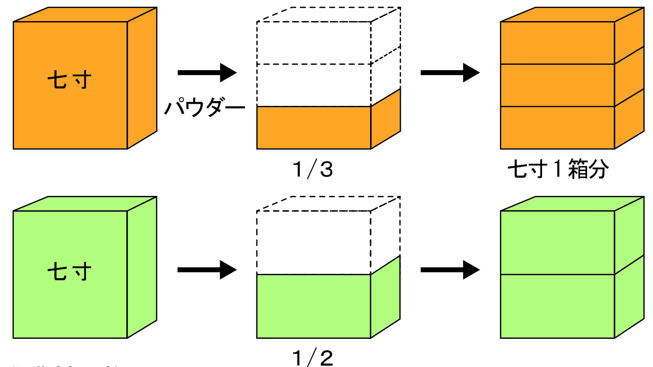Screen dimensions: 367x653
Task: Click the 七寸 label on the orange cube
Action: pos(69,80)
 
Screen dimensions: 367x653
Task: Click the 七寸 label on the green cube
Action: pos(69,272)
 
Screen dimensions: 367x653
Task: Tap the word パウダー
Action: pos(204,108)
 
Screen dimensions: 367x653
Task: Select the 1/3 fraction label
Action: pos(313,169)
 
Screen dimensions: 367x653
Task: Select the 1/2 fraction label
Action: pos(313,357)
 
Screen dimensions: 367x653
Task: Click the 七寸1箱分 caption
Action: pos(558,169)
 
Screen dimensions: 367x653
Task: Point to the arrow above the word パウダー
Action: pos(206,73)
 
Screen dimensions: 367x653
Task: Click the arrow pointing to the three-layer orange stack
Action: pos(450,73)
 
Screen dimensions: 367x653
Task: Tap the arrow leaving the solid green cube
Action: pos(206,270)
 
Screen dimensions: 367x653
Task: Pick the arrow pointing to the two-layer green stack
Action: pos(450,270)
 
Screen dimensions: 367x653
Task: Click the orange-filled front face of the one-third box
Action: pos(314,128)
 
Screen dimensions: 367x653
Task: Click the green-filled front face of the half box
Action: pos(314,306)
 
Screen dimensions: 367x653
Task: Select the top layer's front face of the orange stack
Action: pos(557,43)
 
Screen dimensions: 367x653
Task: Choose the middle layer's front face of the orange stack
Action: pos(557,86)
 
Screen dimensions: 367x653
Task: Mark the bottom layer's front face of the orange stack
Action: pos(557,128)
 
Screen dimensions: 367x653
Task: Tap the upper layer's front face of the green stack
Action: pos(557,243)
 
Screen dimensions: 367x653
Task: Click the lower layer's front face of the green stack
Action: pos(557,306)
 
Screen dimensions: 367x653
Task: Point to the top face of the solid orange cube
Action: pos(85,15)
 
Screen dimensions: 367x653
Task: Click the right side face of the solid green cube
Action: pos(142,267)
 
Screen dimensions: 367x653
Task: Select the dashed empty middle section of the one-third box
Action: pos(314,86)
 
